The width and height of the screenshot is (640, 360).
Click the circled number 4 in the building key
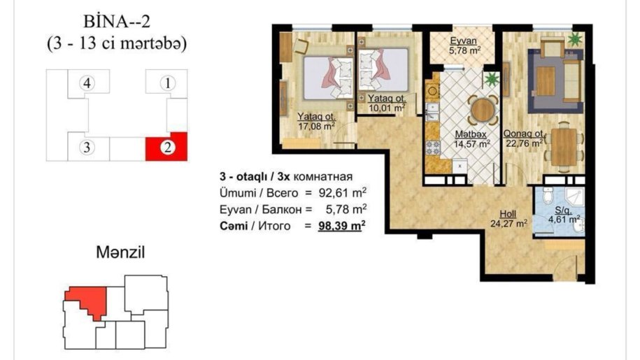(87, 83)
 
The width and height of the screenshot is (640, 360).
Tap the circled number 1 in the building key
(167, 83)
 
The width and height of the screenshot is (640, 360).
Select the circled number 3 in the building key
(87, 147)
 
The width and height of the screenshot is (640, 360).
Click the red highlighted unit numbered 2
(167, 147)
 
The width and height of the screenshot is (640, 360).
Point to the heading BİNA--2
(117, 21)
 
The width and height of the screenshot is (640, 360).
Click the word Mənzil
(120, 252)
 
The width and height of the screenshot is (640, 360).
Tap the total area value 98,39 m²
(341, 226)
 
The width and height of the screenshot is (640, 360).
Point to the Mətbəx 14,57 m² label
(472, 139)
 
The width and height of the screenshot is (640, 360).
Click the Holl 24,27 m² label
(509, 219)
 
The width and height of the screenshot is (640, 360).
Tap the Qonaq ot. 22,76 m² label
(524, 138)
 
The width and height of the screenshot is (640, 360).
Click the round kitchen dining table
(483, 109)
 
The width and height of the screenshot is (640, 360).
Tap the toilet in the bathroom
(548, 196)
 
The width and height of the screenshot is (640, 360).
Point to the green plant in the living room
(575, 39)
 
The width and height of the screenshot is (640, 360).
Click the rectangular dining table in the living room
(564, 147)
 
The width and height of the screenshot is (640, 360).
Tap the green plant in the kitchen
(492, 79)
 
